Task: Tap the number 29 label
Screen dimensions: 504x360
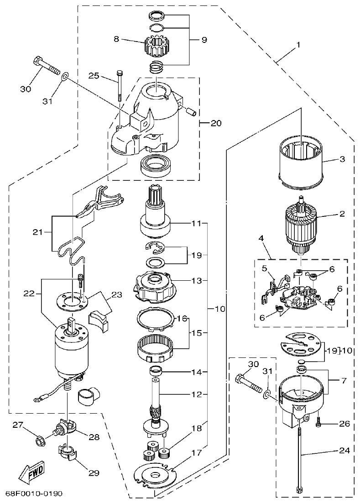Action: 93,473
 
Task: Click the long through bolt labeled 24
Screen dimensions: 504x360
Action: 300,452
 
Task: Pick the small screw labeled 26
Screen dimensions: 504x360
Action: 320,424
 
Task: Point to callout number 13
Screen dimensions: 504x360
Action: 196,281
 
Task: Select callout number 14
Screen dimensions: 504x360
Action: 196,372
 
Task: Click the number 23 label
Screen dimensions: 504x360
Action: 117,295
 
